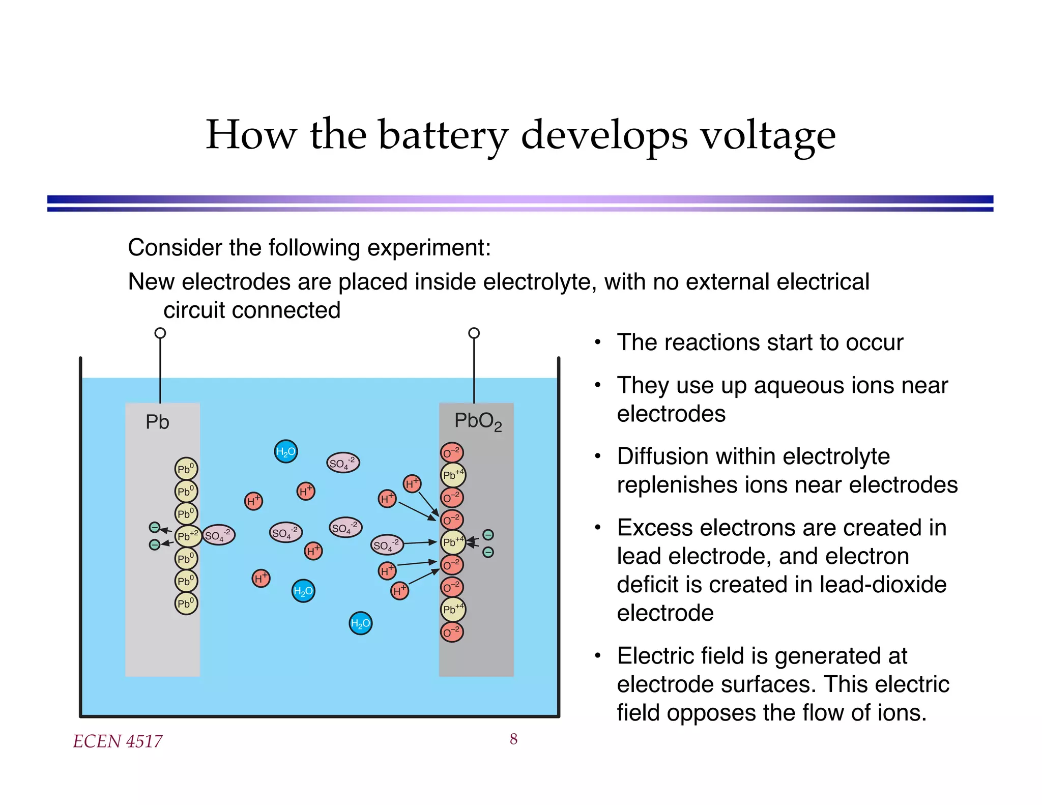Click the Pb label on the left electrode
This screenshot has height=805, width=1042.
(x=157, y=422)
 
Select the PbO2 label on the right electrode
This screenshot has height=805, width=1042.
(x=478, y=421)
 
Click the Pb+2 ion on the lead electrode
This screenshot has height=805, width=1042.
(x=187, y=536)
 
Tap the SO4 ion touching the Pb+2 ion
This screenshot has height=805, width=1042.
(x=219, y=535)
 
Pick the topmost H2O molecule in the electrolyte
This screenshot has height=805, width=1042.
(x=285, y=451)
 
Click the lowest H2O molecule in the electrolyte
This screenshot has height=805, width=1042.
(x=360, y=623)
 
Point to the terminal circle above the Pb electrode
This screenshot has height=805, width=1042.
(x=160, y=333)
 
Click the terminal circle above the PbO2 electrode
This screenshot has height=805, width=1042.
(x=474, y=333)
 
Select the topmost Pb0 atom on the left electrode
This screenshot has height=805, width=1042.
(x=186, y=469)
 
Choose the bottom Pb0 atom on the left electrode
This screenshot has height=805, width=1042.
(x=186, y=603)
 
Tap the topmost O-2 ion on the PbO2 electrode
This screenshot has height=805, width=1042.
(x=451, y=452)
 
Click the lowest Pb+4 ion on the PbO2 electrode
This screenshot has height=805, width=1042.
(x=452, y=609)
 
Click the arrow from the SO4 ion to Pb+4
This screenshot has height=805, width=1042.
(x=420, y=543)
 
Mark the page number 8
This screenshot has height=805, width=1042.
(x=513, y=739)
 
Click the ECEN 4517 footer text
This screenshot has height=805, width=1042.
(x=118, y=741)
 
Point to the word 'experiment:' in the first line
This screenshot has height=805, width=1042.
(x=429, y=248)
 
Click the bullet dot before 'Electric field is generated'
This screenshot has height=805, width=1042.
(x=598, y=656)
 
